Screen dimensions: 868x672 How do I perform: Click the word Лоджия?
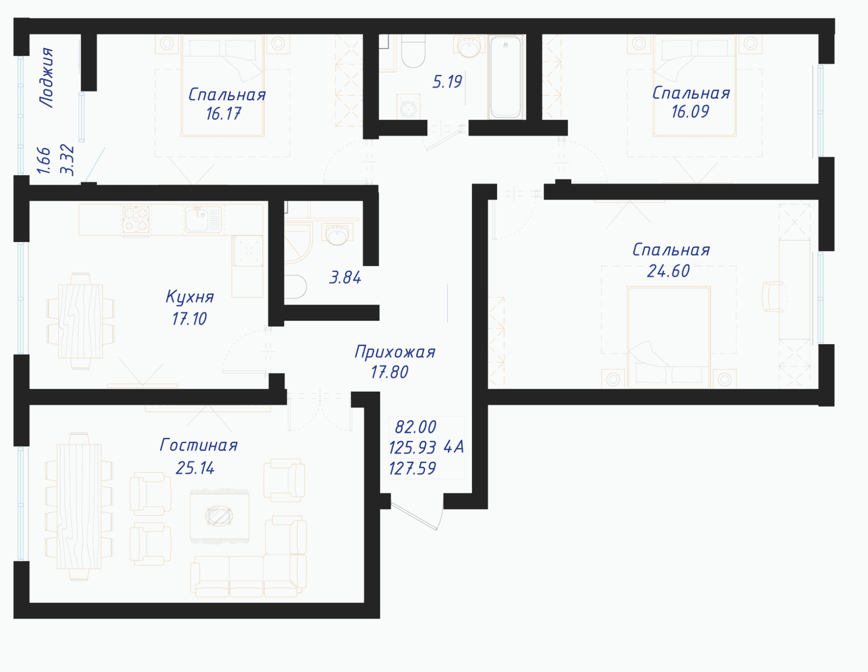tap(47, 77)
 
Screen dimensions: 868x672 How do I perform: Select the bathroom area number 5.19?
tap(447, 82)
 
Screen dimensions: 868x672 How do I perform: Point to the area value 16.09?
tap(690, 112)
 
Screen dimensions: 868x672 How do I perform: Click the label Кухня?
tap(190, 296)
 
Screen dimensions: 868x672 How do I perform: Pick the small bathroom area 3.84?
tap(345, 278)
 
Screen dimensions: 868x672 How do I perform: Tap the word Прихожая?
tap(395, 352)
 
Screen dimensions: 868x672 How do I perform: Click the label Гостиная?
tap(198, 445)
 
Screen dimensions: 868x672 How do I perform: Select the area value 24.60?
tap(669, 271)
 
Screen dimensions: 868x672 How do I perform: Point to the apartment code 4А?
tap(454, 447)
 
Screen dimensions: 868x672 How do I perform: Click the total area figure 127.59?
tap(412, 468)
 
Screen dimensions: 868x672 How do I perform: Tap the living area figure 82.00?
tap(416, 427)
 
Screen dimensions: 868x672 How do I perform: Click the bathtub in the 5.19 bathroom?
tap(506, 77)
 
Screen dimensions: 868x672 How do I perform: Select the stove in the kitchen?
tap(136, 219)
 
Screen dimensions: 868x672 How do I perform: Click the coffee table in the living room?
tap(219, 516)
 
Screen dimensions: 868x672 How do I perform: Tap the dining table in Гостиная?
tap(79, 507)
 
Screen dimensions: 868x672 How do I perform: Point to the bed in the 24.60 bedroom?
tap(669, 338)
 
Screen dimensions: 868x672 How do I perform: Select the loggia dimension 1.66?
tap(44, 160)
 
